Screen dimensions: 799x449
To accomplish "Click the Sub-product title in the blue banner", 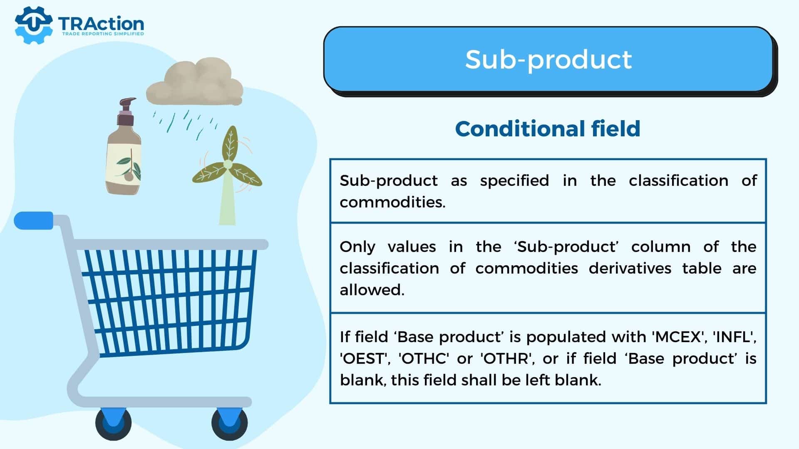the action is pyautogui.click(x=548, y=59).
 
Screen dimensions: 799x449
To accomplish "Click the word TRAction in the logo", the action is pyautogui.click(x=101, y=24).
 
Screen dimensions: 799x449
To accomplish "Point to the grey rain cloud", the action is pyautogui.click(x=195, y=83).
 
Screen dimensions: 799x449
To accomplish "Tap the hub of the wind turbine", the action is pyautogui.click(x=228, y=165).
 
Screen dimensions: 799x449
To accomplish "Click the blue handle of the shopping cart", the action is pyautogui.click(x=34, y=220).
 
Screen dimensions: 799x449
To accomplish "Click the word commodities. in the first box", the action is pyautogui.click(x=392, y=202).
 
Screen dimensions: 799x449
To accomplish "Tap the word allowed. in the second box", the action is pyautogui.click(x=372, y=290).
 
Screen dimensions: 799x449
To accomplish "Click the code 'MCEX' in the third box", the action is pyautogui.click(x=678, y=336).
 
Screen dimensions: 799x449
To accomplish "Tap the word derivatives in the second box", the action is pyautogui.click(x=630, y=268).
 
